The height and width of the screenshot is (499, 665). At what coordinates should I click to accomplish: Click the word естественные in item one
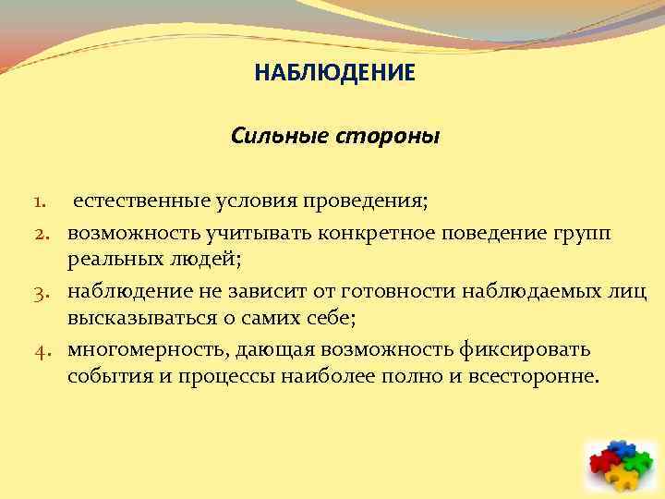click(x=135, y=201)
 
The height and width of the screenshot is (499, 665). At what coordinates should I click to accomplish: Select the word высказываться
click(x=139, y=320)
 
